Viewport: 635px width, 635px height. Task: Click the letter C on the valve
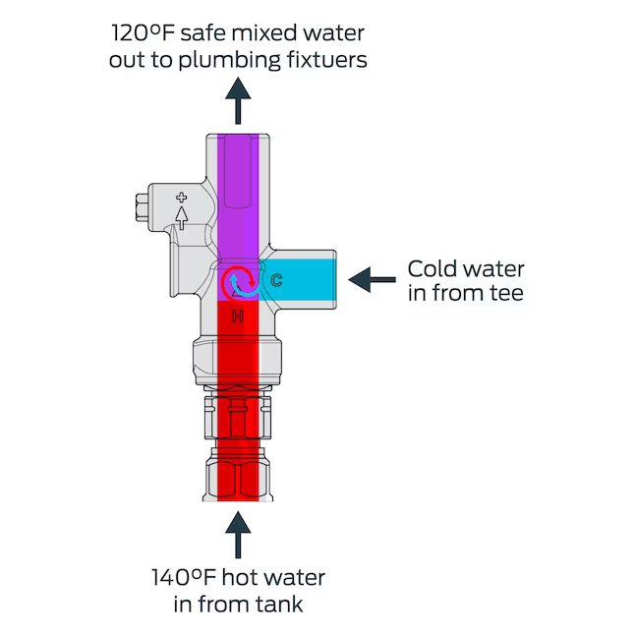click(x=277, y=281)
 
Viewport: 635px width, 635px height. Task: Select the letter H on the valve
click(x=237, y=316)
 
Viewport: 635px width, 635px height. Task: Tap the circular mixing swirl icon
click(x=237, y=282)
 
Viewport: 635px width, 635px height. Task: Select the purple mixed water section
click(x=237, y=197)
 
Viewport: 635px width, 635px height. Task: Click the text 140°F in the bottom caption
click(x=184, y=577)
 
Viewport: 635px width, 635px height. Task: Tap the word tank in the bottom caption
click(x=281, y=603)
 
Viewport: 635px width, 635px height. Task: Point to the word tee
click(x=505, y=293)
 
